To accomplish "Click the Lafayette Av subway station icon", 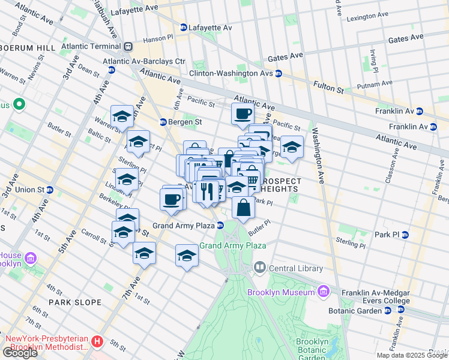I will [184, 27].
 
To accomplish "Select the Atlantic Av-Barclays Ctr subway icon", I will [111, 70].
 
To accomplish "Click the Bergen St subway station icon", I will [163, 122].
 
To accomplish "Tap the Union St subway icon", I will [50, 190].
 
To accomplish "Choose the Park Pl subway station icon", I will [405, 234].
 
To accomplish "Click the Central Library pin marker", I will [259, 267].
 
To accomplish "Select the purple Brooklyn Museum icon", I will [324, 292].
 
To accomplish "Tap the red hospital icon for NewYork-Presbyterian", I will [98, 342].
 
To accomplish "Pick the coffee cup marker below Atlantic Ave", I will [243, 114].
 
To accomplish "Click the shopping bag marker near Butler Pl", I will [243, 209].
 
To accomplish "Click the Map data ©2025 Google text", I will [411, 355].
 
